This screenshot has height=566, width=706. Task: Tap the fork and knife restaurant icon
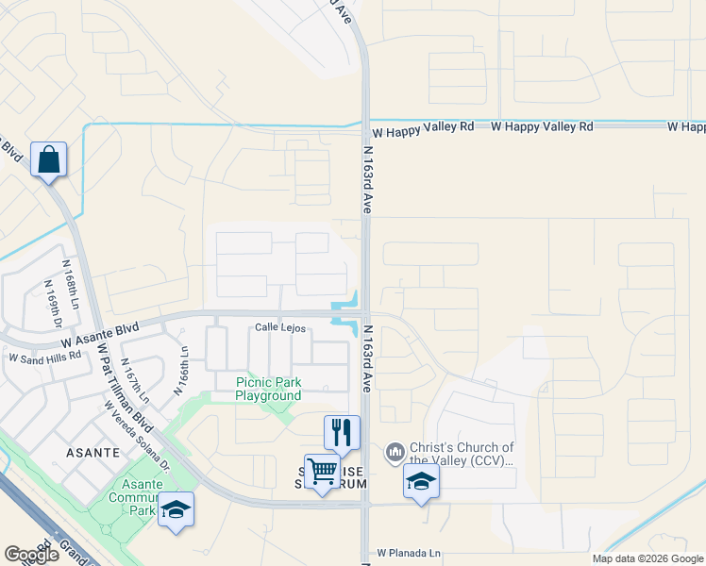[342, 432]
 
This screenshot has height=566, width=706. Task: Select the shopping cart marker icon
[322, 470]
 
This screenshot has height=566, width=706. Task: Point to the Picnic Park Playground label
[268, 389]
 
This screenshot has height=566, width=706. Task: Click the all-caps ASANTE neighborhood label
[92, 453]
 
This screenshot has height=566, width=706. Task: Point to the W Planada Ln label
[409, 552]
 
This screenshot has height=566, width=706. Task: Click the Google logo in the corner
[32, 555]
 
